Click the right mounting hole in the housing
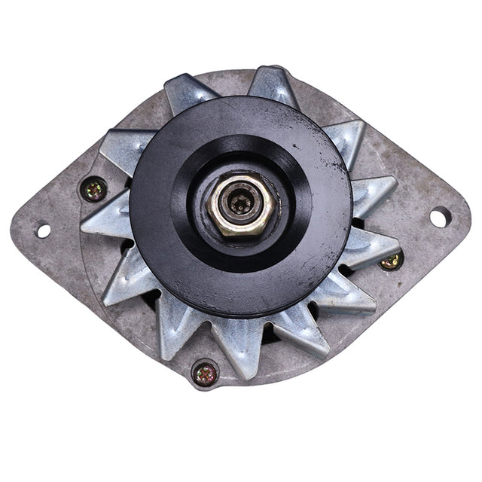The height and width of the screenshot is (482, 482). coord(439,217)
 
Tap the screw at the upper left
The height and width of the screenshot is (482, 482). coord(95,189)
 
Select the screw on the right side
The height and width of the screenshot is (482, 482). coord(391,261)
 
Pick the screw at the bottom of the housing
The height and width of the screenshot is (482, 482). coord(205,373)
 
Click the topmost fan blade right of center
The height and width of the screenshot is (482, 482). coord(274,87)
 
